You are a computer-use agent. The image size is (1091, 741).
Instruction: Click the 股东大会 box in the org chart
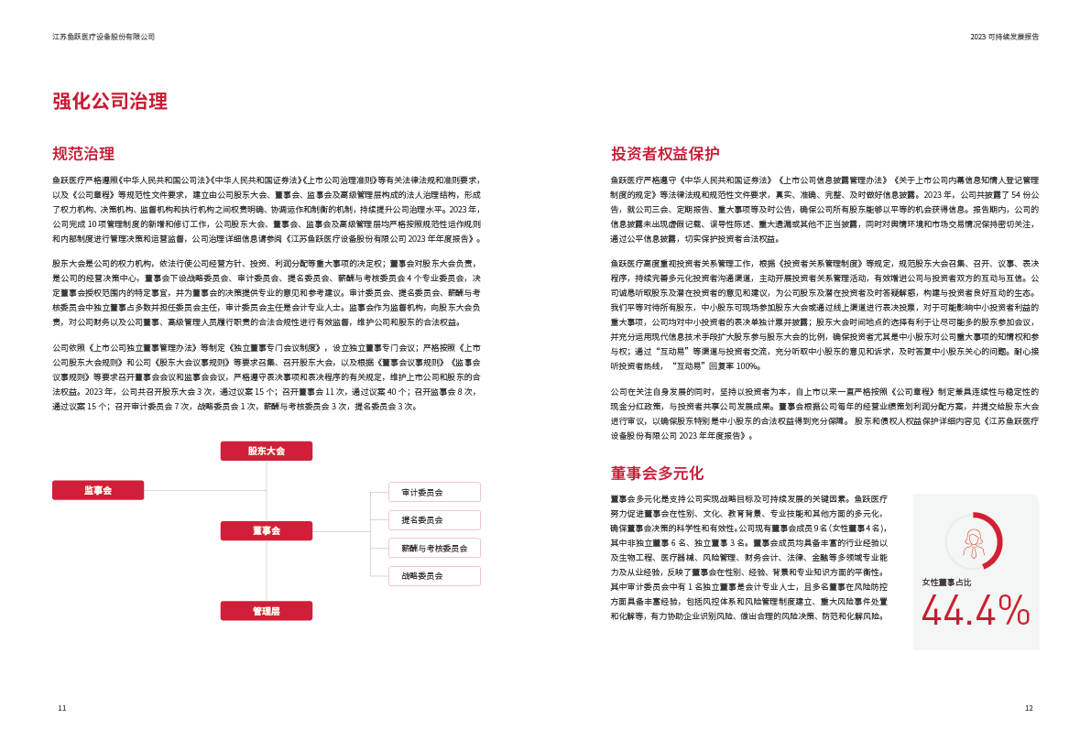pyautogui.click(x=267, y=451)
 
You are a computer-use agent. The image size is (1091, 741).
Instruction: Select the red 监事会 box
pyautogui.click(x=98, y=490)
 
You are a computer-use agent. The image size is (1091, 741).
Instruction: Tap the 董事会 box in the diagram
pyautogui.click(x=267, y=530)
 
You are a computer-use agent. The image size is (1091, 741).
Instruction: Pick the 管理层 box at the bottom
pyautogui.click(x=267, y=610)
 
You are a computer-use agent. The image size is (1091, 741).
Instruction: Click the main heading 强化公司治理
pyautogui.click(x=110, y=102)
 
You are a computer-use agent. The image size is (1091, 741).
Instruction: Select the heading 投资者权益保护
pyautogui.click(x=665, y=153)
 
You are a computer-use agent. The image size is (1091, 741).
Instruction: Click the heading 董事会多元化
pyautogui.click(x=657, y=473)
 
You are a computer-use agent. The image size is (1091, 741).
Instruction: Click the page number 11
pyautogui.click(x=61, y=707)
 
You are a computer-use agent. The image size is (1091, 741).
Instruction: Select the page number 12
pyautogui.click(x=1028, y=707)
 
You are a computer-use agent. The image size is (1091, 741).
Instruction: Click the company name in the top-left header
pyautogui.click(x=104, y=37)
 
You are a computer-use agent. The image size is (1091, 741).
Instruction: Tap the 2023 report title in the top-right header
pyautogui.click(x=1004, y=37)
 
